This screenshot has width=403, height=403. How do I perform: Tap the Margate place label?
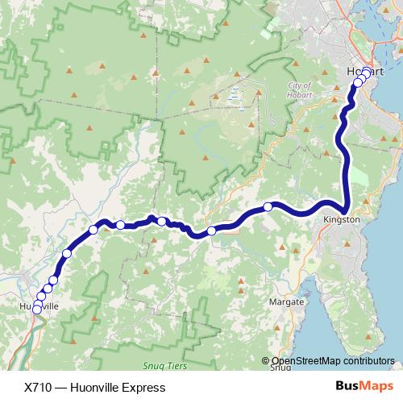point(290,301)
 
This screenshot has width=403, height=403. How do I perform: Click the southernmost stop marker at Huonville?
point(36,310)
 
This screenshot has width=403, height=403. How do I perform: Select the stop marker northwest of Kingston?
point(268,207)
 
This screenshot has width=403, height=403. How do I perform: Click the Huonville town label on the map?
point(39,307)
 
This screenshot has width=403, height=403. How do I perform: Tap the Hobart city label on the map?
point(364,71)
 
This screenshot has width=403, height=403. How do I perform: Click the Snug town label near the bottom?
point(280,368)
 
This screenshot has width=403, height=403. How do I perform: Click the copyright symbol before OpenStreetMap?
point(266,361)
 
